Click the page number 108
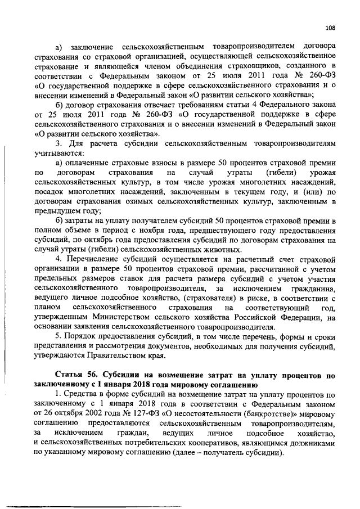coord(331,27)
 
